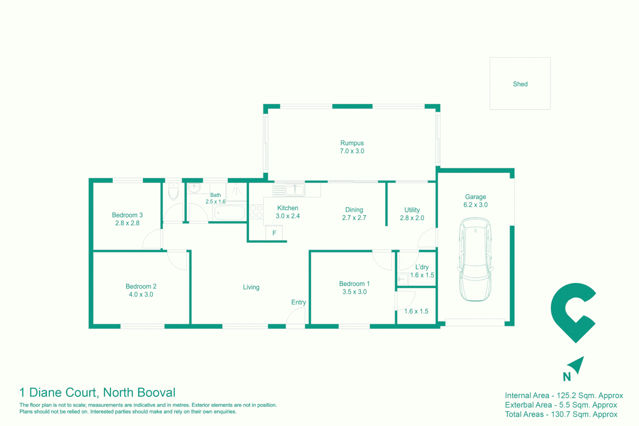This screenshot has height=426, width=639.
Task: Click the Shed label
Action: pos(520,84)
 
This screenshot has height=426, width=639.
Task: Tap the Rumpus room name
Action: pos(352,143)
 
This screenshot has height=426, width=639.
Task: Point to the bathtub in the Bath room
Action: pos(230,213)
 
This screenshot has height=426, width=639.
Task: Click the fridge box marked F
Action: pos(274,233)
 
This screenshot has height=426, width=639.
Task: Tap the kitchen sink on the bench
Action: pos(295,190)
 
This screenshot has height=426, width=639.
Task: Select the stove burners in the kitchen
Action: pos(256,211)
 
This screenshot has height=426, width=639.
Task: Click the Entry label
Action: pos(299,302)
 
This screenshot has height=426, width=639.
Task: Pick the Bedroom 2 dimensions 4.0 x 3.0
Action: pos(141,295)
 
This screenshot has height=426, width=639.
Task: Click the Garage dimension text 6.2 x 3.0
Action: pos(475,205)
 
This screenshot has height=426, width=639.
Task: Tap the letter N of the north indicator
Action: pos(567,377)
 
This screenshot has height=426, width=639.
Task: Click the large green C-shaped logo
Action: pos(572,312)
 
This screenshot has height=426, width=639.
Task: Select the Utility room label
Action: pos(412,210)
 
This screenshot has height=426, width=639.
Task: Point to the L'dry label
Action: pos(422,267)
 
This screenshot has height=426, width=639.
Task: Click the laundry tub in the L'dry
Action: pos(402,279)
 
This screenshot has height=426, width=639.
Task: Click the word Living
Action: pos(251,287)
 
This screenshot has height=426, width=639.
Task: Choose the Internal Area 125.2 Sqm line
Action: pos(564,396)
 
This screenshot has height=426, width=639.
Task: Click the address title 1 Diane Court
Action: pos(97,392)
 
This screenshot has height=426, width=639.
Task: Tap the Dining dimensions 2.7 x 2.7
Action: pos(354,218)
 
